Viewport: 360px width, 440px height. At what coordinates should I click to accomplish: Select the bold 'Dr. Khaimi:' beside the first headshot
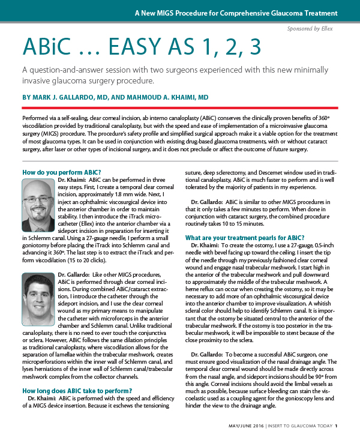click(72, 181)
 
